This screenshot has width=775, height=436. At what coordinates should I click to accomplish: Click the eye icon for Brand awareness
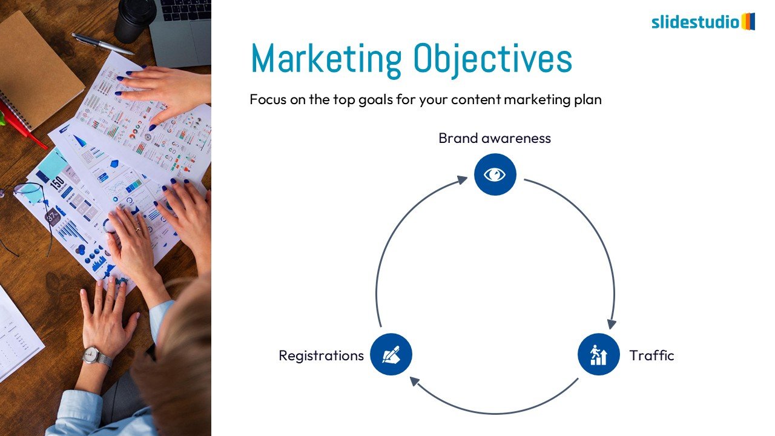tap(495, 174)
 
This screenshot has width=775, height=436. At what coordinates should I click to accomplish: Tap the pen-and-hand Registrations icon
tap(391, 354)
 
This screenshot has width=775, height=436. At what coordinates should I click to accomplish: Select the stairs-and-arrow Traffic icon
tap(599, 354)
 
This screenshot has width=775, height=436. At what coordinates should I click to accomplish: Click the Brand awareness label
tap(495, 139)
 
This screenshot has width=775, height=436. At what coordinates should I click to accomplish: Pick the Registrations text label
tap(321, 355)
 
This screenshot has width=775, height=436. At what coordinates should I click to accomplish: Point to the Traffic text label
tap(651, 355)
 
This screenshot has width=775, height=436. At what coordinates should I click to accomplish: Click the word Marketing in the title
tap(326, 59)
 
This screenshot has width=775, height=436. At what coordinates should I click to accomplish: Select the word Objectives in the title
tap(493, 59)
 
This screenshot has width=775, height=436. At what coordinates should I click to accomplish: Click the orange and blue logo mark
tap(748, 21)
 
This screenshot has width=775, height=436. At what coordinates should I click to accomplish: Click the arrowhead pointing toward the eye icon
tap(462, 180)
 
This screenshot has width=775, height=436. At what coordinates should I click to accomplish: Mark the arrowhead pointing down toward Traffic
tap(612, 324)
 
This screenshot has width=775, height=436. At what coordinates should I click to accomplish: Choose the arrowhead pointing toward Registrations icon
tap(415, 381)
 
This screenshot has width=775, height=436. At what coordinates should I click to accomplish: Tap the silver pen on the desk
tap(102, 44)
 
